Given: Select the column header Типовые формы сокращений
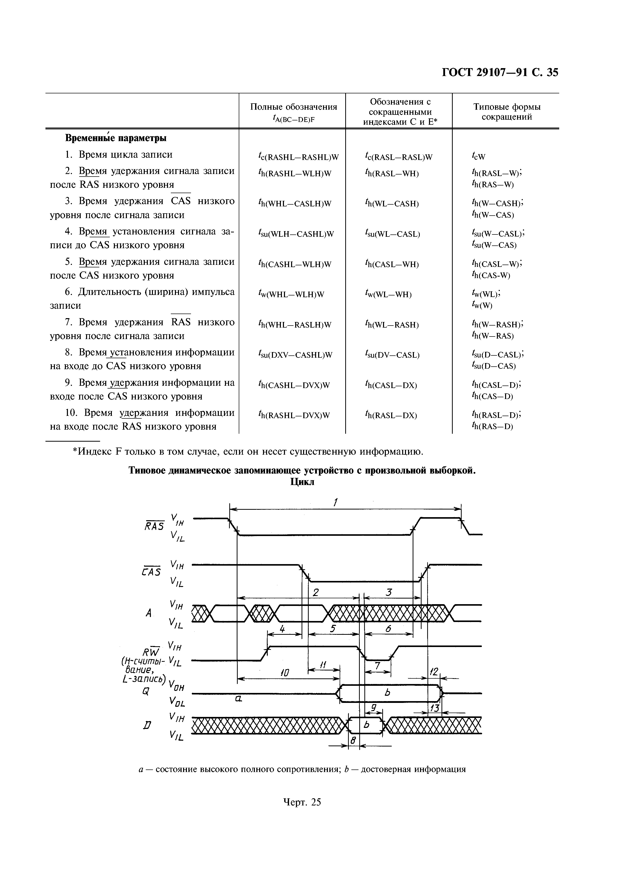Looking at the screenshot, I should coord(507,112).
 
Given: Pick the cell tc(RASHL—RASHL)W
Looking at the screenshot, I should coord(298,157).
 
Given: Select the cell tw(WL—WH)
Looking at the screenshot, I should coord(388,294).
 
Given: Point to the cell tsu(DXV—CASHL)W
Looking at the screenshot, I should coord(295,355).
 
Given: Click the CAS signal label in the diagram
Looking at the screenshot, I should coord(151,571).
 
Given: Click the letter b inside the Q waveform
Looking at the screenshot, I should coord(387,693).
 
